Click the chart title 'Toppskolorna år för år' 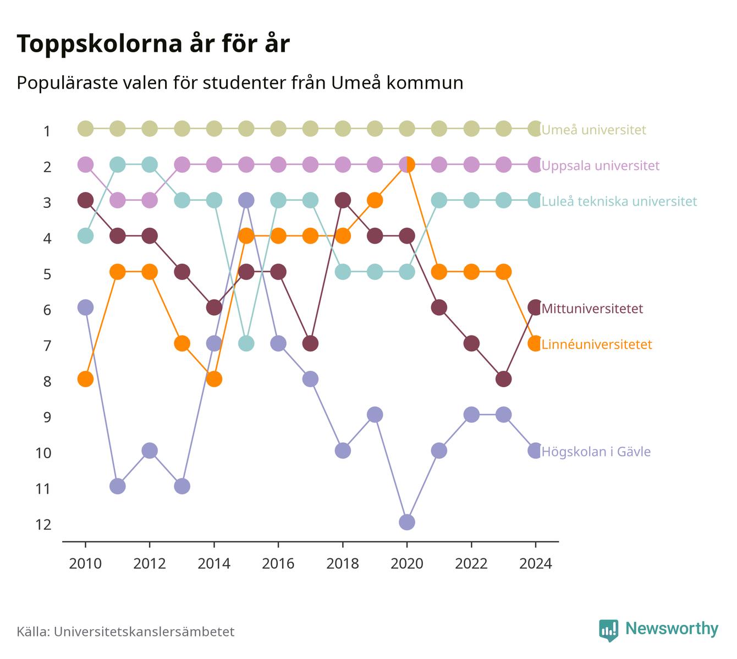tap(153, 43)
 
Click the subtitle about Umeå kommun tap(240, 83)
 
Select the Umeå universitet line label tap(593, 129)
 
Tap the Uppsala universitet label tap(600, 166)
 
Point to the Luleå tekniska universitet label tap(619, 201)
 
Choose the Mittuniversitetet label tap(592, 309)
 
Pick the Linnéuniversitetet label tap(597, 344)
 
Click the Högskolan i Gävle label tap(596, 452)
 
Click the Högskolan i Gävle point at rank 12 tap(407, 522)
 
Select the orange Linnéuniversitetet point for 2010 tap(85, 379)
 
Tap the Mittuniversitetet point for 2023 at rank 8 tap(503, 379)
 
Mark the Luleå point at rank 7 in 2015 tap(246, 343)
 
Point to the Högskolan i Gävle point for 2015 tap(246, 200)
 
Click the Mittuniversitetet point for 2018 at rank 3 tap(343, 200)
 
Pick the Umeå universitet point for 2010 tap(85, 129)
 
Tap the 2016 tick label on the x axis tap(278, 564)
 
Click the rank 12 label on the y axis tap(43, 525)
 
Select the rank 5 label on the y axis tap(47, 274)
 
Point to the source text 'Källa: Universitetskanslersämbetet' tap(125, 631)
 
